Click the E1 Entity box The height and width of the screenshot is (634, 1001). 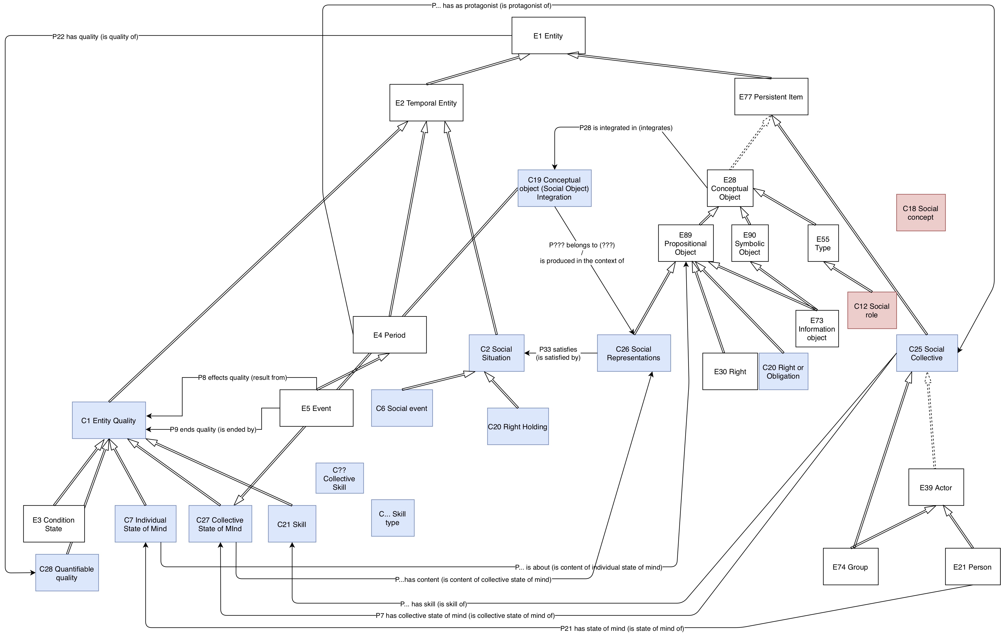click(x=548, y=36)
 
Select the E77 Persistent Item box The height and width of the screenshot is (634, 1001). click(x=771, y=97)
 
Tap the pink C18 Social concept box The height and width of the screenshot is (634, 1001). click(x=921, y=213)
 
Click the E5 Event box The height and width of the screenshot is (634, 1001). click(x=316, y=408)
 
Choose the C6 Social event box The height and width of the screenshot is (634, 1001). click(x=401, y=408)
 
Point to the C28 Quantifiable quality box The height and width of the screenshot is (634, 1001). click(x=67, y=573)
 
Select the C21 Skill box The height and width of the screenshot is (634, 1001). click(x=292, y=524)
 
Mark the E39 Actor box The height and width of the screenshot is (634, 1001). click(x=936, y=488)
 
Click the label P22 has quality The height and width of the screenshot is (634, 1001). click(x=95, y=36)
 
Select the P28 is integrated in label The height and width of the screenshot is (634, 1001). click(x=626, y=128)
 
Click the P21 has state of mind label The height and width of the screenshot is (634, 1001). click(x=622, y=628)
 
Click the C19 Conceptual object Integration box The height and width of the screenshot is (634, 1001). click(x=554, y=188)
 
